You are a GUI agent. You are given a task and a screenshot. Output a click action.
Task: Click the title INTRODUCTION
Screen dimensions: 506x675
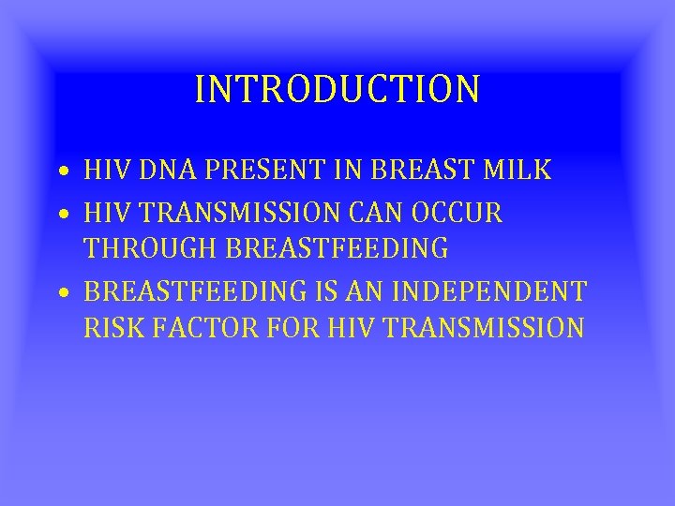click(337, 89)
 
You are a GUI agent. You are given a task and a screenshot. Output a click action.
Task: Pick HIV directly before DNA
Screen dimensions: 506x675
click(103, 171)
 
